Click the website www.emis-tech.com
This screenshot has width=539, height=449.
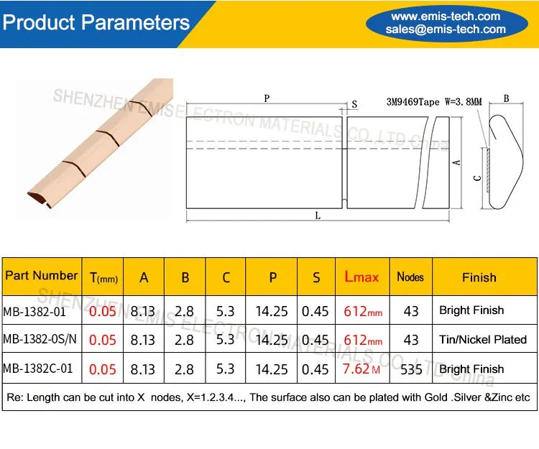[x=446, y=16]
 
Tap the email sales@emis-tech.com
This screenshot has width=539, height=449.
[x=446, y=29]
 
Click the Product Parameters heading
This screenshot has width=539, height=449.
[x=96, y=22]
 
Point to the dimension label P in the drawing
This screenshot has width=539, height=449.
[x=267, y=98]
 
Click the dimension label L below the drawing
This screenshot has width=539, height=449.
[x=318, y=216]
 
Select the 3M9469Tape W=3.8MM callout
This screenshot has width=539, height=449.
[x=434, y=102]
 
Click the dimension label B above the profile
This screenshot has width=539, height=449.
[x=507, y=98]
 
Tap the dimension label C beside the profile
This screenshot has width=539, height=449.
[x=477, y=178]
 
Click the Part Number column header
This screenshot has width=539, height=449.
[x=41, y=276]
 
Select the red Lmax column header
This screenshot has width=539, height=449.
[x=361, y=277]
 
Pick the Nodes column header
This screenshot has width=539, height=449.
[x=410, y=277]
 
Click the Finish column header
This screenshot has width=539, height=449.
[x=479, y=277]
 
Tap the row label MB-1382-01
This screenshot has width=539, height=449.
[x=34, y=312]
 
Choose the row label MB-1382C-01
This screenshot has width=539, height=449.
[x=38, y=369]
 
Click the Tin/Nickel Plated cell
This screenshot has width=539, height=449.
[x=483, y=340]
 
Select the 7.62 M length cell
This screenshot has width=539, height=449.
[x=361, y=369]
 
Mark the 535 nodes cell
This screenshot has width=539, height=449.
[x=411, y=370]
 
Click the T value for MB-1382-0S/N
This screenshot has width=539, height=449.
[x=103, y=340]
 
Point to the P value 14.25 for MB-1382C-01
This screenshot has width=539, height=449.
[x=272, y=370]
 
